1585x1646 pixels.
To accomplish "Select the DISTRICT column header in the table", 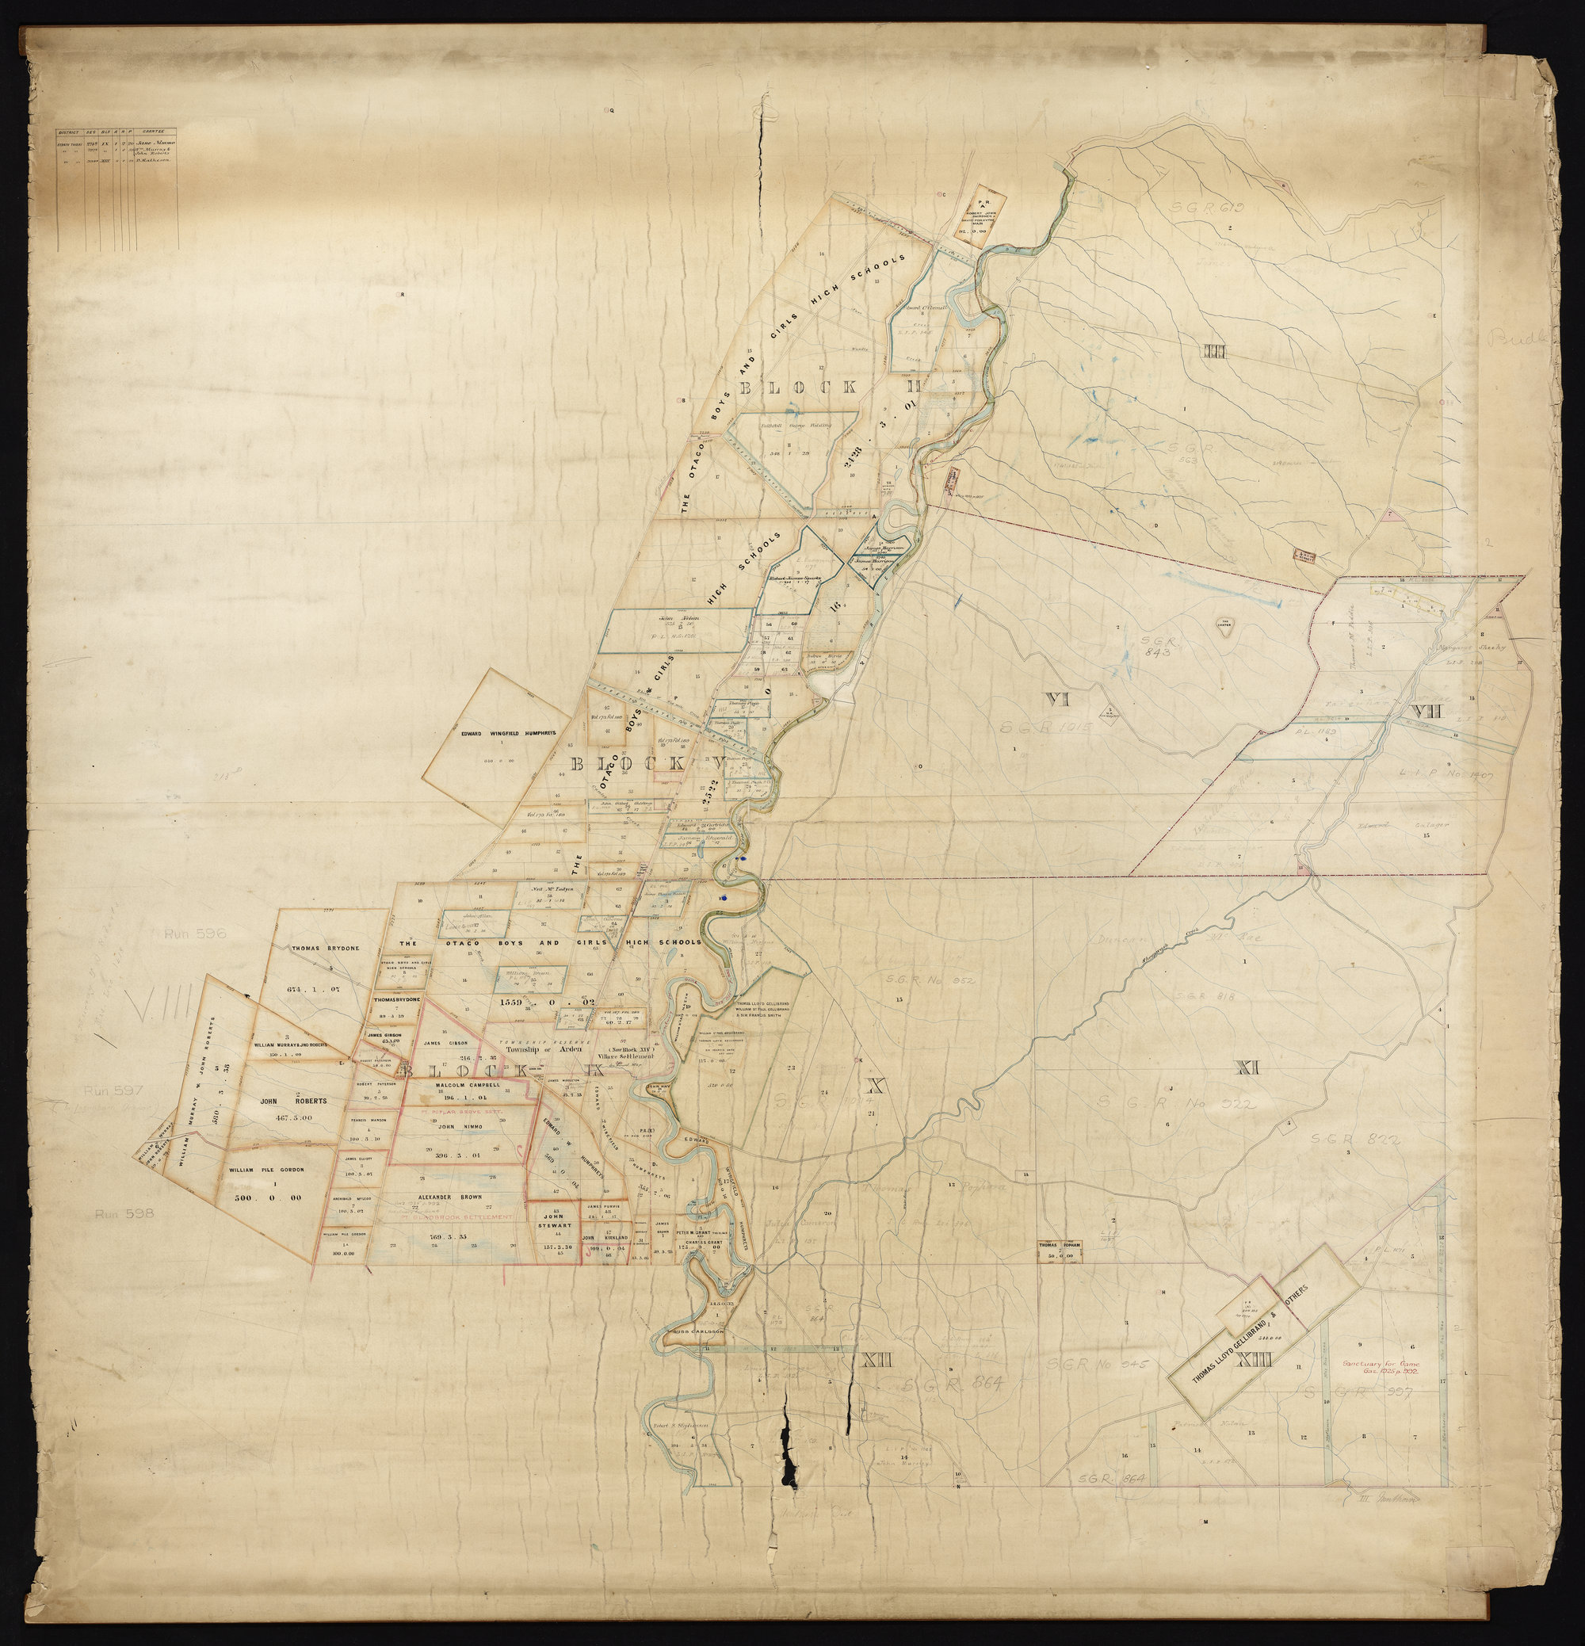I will tap(67, 131).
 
